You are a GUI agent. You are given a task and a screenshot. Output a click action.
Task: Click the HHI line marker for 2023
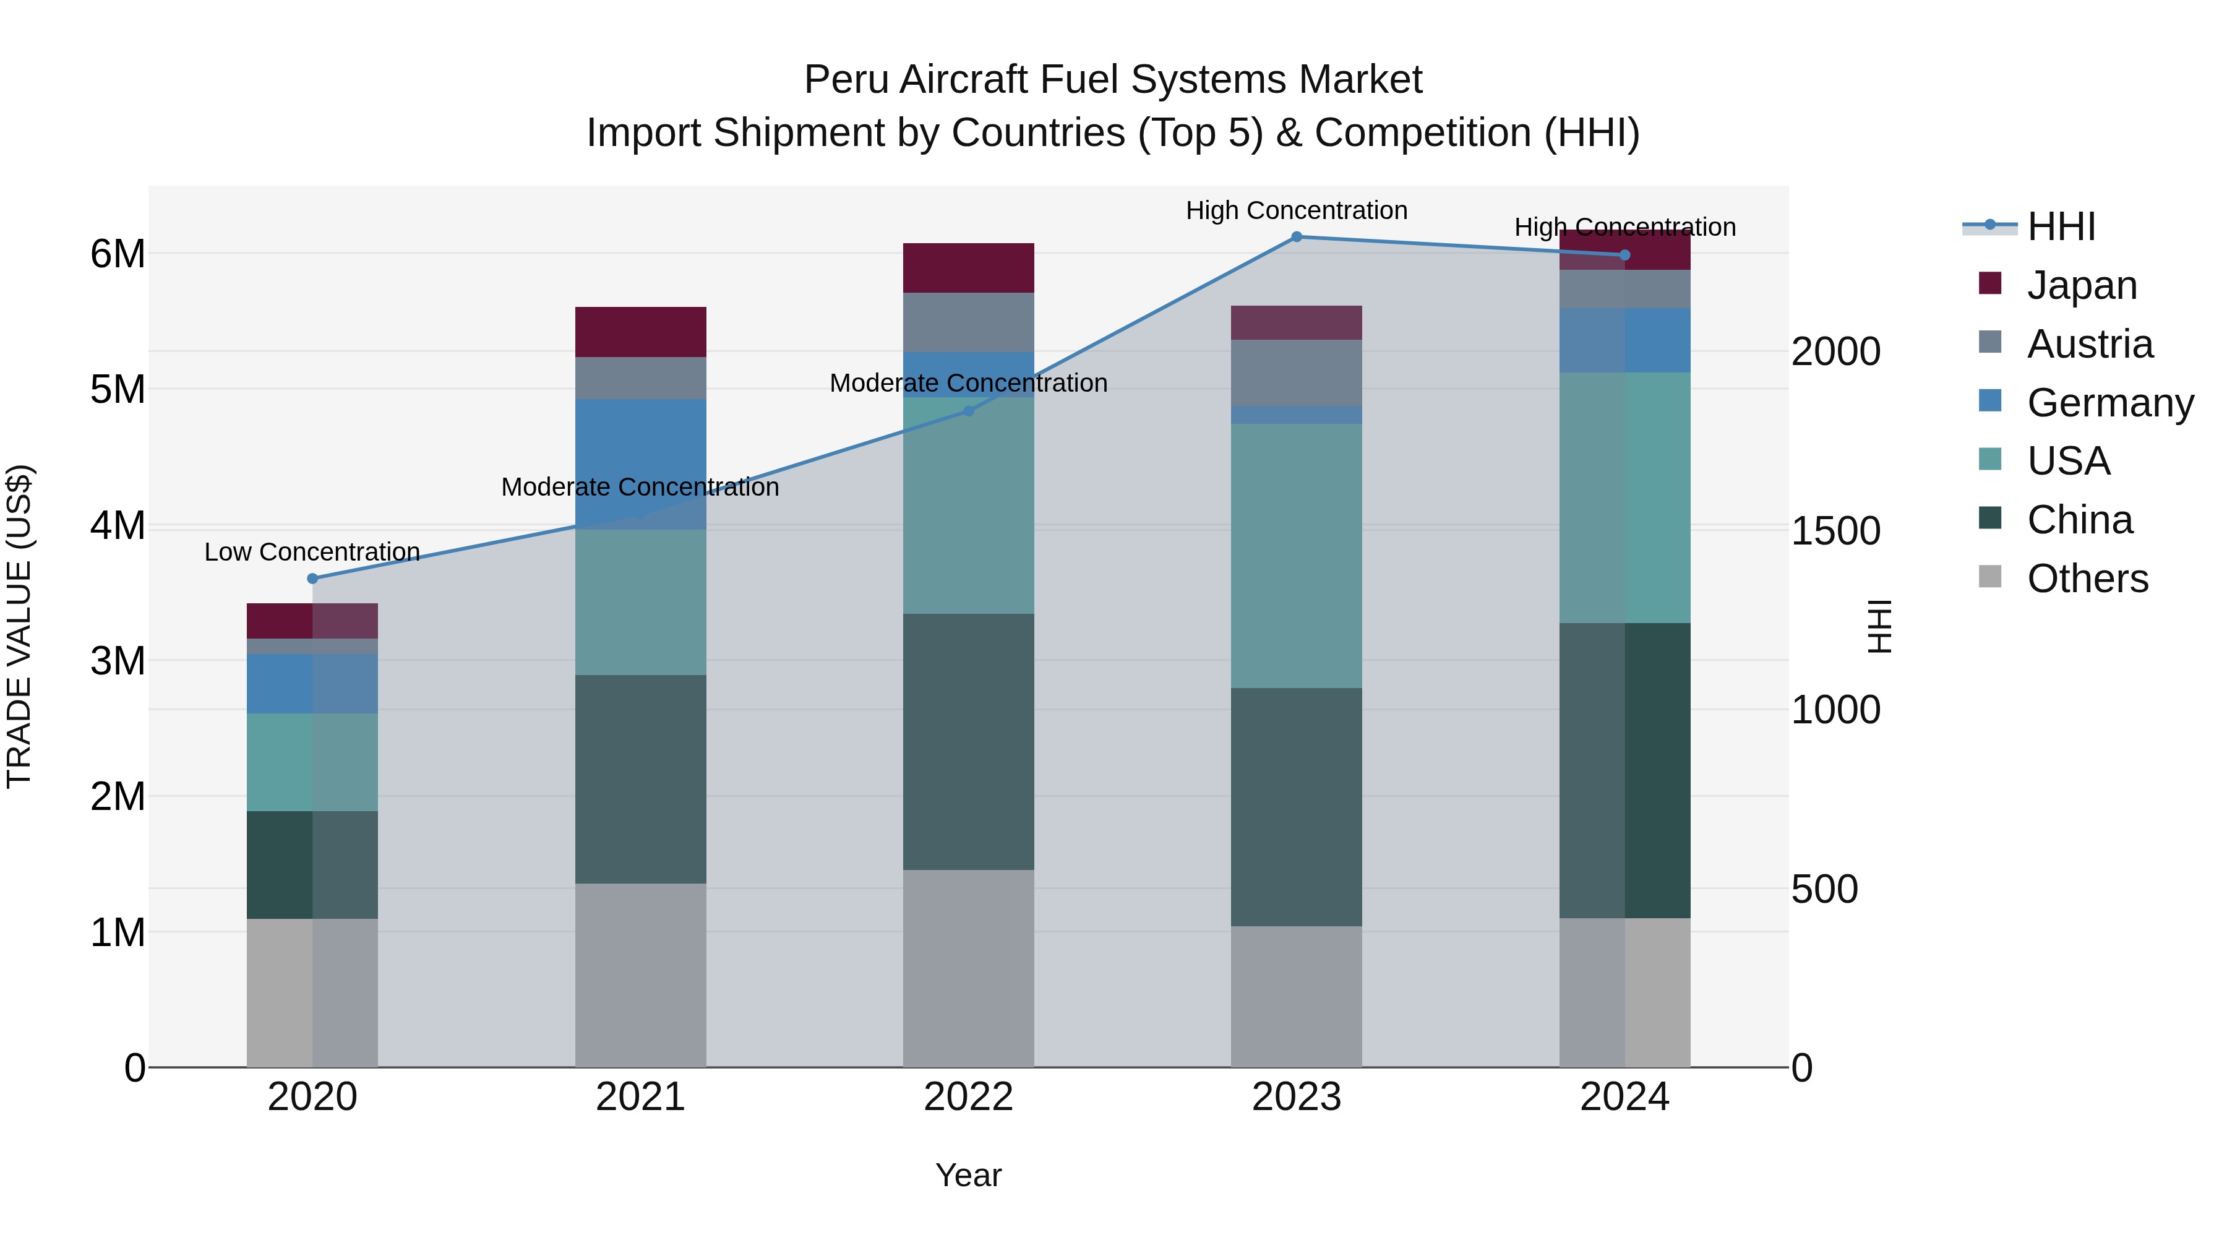1296,237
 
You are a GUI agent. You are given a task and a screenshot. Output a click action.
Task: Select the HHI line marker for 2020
313,579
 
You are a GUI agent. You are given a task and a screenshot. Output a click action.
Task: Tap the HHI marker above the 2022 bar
968,411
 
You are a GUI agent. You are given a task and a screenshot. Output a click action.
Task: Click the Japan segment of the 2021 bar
641,332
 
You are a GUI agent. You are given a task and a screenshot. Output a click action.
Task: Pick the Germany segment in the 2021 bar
641,463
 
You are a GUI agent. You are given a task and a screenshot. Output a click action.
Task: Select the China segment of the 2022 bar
968,741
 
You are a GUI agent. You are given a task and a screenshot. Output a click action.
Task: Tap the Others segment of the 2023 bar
1296,996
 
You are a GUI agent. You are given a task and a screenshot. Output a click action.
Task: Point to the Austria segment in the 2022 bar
968,322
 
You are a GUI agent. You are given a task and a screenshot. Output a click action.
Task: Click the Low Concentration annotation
312,552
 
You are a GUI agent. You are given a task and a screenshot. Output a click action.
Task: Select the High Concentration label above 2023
1296,210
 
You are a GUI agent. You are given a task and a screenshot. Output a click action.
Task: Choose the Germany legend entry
2109,403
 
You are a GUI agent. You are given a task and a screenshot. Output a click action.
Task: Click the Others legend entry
2087,579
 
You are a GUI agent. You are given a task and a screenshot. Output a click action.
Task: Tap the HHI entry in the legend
2061,226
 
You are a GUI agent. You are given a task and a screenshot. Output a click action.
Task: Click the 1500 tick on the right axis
1835,531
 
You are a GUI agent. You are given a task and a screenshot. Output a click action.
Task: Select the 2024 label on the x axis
1624,1097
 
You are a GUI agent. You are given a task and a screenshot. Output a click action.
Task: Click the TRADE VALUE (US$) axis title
19,626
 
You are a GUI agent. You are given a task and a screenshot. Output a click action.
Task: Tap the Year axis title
968,1175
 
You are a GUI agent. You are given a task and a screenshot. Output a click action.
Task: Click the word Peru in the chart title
847,80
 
